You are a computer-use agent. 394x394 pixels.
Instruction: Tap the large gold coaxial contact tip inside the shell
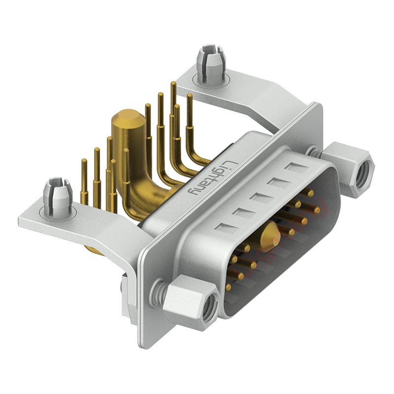[269, 237]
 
